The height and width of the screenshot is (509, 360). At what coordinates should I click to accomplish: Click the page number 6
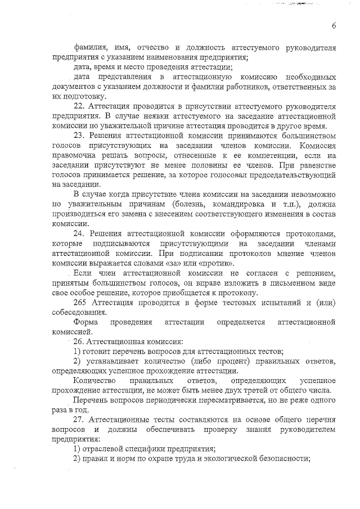coord(334,25)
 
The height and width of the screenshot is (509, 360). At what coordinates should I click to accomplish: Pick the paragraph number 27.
coord(79,420)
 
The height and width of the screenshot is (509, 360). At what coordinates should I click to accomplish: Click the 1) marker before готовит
coord(78,351)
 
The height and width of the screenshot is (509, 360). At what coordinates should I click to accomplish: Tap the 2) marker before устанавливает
coord(78,361)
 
